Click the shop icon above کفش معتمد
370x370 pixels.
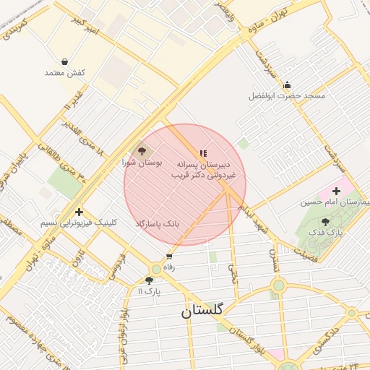pyautogui.click(x=65, y=61)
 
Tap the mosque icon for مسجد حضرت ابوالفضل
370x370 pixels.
pyautogui.click(x=287, y=85)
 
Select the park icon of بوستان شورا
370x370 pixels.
pyautogui.click(x=142, y=152)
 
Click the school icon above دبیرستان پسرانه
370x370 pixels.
pyautogui.click(x=203, y=153)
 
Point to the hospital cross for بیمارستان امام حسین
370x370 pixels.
pyautogui.click(x=336, y=190)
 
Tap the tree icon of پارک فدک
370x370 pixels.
pyautogui.click(x=324, y=222)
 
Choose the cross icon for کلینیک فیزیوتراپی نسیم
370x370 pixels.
pyautogui.click(x=79, y=212)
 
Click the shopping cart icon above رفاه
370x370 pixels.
pyautogui.click(x=169, y=256)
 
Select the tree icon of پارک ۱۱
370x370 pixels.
pyautogui.click(x=149, y=280)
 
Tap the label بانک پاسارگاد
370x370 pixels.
pyautogui.click(x=156, y=225)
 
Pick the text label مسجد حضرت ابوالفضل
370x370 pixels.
pyautogui.click(x=287, y=95)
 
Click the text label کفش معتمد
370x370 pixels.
pyautogui.click(x=65, y=72)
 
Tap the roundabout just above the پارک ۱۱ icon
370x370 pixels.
pyautogui.click(x=155, y=269)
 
